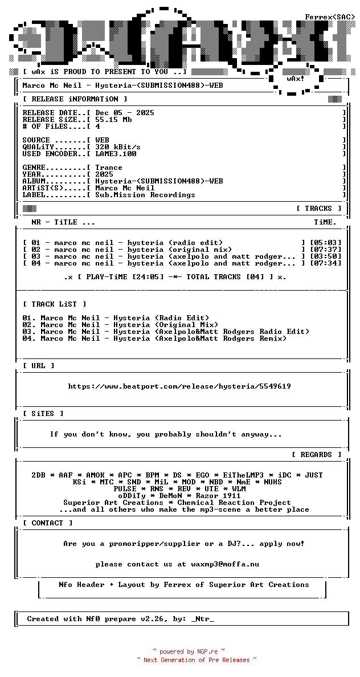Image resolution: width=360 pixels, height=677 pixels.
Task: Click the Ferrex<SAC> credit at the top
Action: [330, 17]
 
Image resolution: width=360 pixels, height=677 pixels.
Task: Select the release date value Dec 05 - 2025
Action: [125, 113]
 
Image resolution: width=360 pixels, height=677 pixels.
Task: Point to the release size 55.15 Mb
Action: [113, 120]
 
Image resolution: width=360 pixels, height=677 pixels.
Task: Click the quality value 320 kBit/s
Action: [118, 147]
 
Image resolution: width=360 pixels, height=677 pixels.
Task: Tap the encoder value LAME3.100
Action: [116, 154]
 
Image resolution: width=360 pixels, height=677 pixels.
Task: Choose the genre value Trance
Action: [109, 168]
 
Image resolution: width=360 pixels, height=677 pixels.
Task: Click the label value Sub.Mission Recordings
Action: [145, 195]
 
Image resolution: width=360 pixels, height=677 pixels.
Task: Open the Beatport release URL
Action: [179, 386]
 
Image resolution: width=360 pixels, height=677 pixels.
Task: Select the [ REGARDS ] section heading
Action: [317, 455]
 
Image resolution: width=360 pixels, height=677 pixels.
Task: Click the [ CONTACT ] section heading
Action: [48, 523]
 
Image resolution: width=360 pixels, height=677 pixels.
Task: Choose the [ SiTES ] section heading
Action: [43, 414]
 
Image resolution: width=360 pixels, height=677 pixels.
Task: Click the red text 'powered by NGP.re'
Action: [189, 651]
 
